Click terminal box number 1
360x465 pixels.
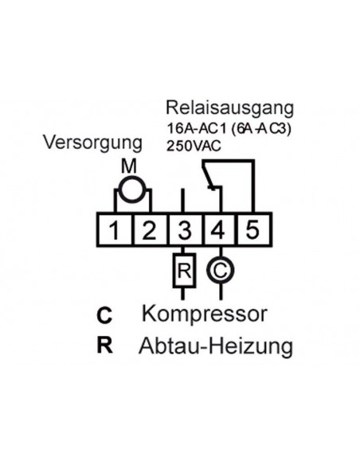pyautogui.click(x=115, y=231)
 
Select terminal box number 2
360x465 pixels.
pyautogui.click(x=149, y=231)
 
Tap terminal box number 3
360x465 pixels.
pyautogui.click(x=184, y=231)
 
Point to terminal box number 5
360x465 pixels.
pyautogui.click(x=252, y=231)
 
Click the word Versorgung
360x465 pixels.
pyautogui.click(x=92, y=143)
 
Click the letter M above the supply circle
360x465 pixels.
pyautogui.click(x=129, y=166)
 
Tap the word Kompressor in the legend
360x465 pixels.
pyautogui.click(x=203, y=313)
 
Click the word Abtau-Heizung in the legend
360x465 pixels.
pyautogui.click(x=215, y=346)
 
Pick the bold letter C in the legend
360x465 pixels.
pyautogui.click(x=104, y=315)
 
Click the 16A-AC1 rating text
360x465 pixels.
pyautogui.click(x=194, y=127)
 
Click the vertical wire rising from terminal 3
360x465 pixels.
pyautogui.click(x=184, y=199)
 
